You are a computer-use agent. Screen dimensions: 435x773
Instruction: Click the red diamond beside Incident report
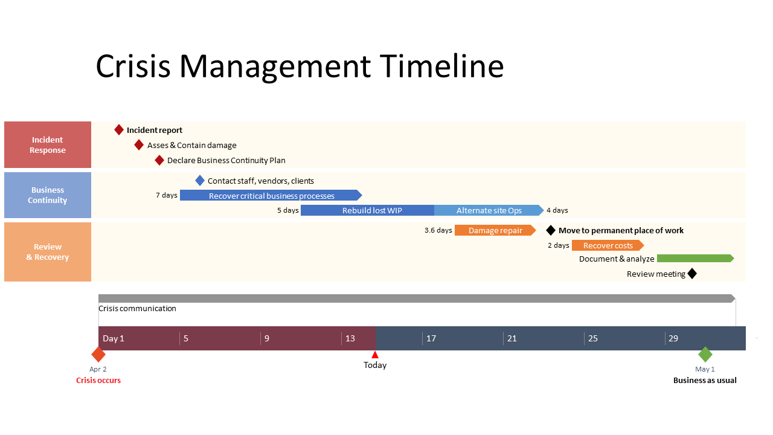119,130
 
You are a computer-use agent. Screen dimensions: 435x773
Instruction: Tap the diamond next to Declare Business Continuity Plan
159,160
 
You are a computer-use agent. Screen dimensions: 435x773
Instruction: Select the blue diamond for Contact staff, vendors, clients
200,181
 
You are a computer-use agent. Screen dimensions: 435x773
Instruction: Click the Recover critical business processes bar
271,195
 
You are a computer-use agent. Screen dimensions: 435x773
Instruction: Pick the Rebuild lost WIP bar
367,210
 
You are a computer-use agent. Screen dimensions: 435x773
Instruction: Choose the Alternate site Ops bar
489,210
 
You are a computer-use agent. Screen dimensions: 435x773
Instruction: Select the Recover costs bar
608,245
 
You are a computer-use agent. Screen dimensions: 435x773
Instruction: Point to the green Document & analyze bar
695,259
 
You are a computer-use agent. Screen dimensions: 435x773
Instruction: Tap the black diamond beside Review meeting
692,274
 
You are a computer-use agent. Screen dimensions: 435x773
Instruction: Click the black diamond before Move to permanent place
550,230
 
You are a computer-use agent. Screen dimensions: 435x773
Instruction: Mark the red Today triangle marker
375,355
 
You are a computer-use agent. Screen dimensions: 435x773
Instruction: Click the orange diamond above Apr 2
98,355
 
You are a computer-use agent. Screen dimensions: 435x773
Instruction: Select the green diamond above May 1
705,355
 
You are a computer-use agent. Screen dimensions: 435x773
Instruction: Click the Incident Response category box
48,145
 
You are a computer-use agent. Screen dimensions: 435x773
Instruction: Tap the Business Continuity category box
48,195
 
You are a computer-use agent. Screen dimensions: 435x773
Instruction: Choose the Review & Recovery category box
48,252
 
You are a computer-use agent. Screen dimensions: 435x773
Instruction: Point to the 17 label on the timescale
431,338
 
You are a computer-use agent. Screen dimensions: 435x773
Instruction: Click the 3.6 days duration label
438,230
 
